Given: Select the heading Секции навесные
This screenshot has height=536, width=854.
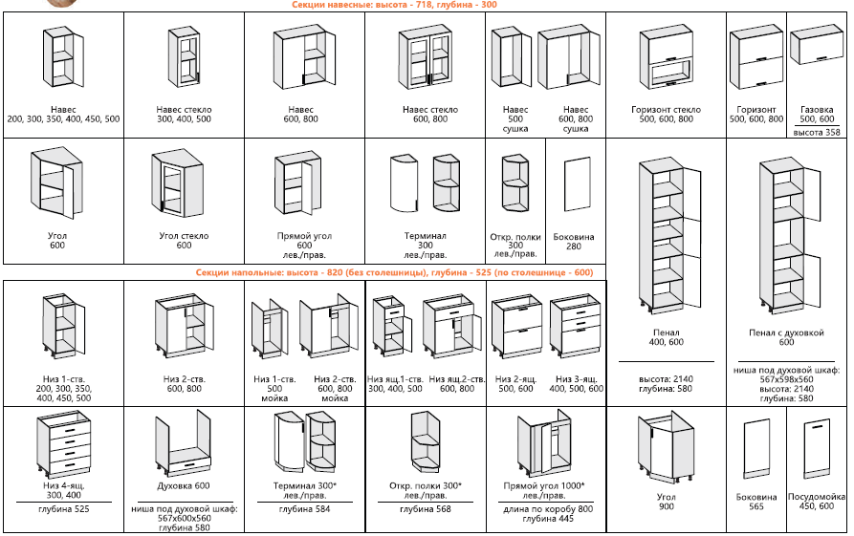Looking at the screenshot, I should point(394,5).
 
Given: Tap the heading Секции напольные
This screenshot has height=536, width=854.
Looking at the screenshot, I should point(394,273).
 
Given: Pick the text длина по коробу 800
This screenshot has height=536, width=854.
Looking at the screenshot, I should point(544,508).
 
